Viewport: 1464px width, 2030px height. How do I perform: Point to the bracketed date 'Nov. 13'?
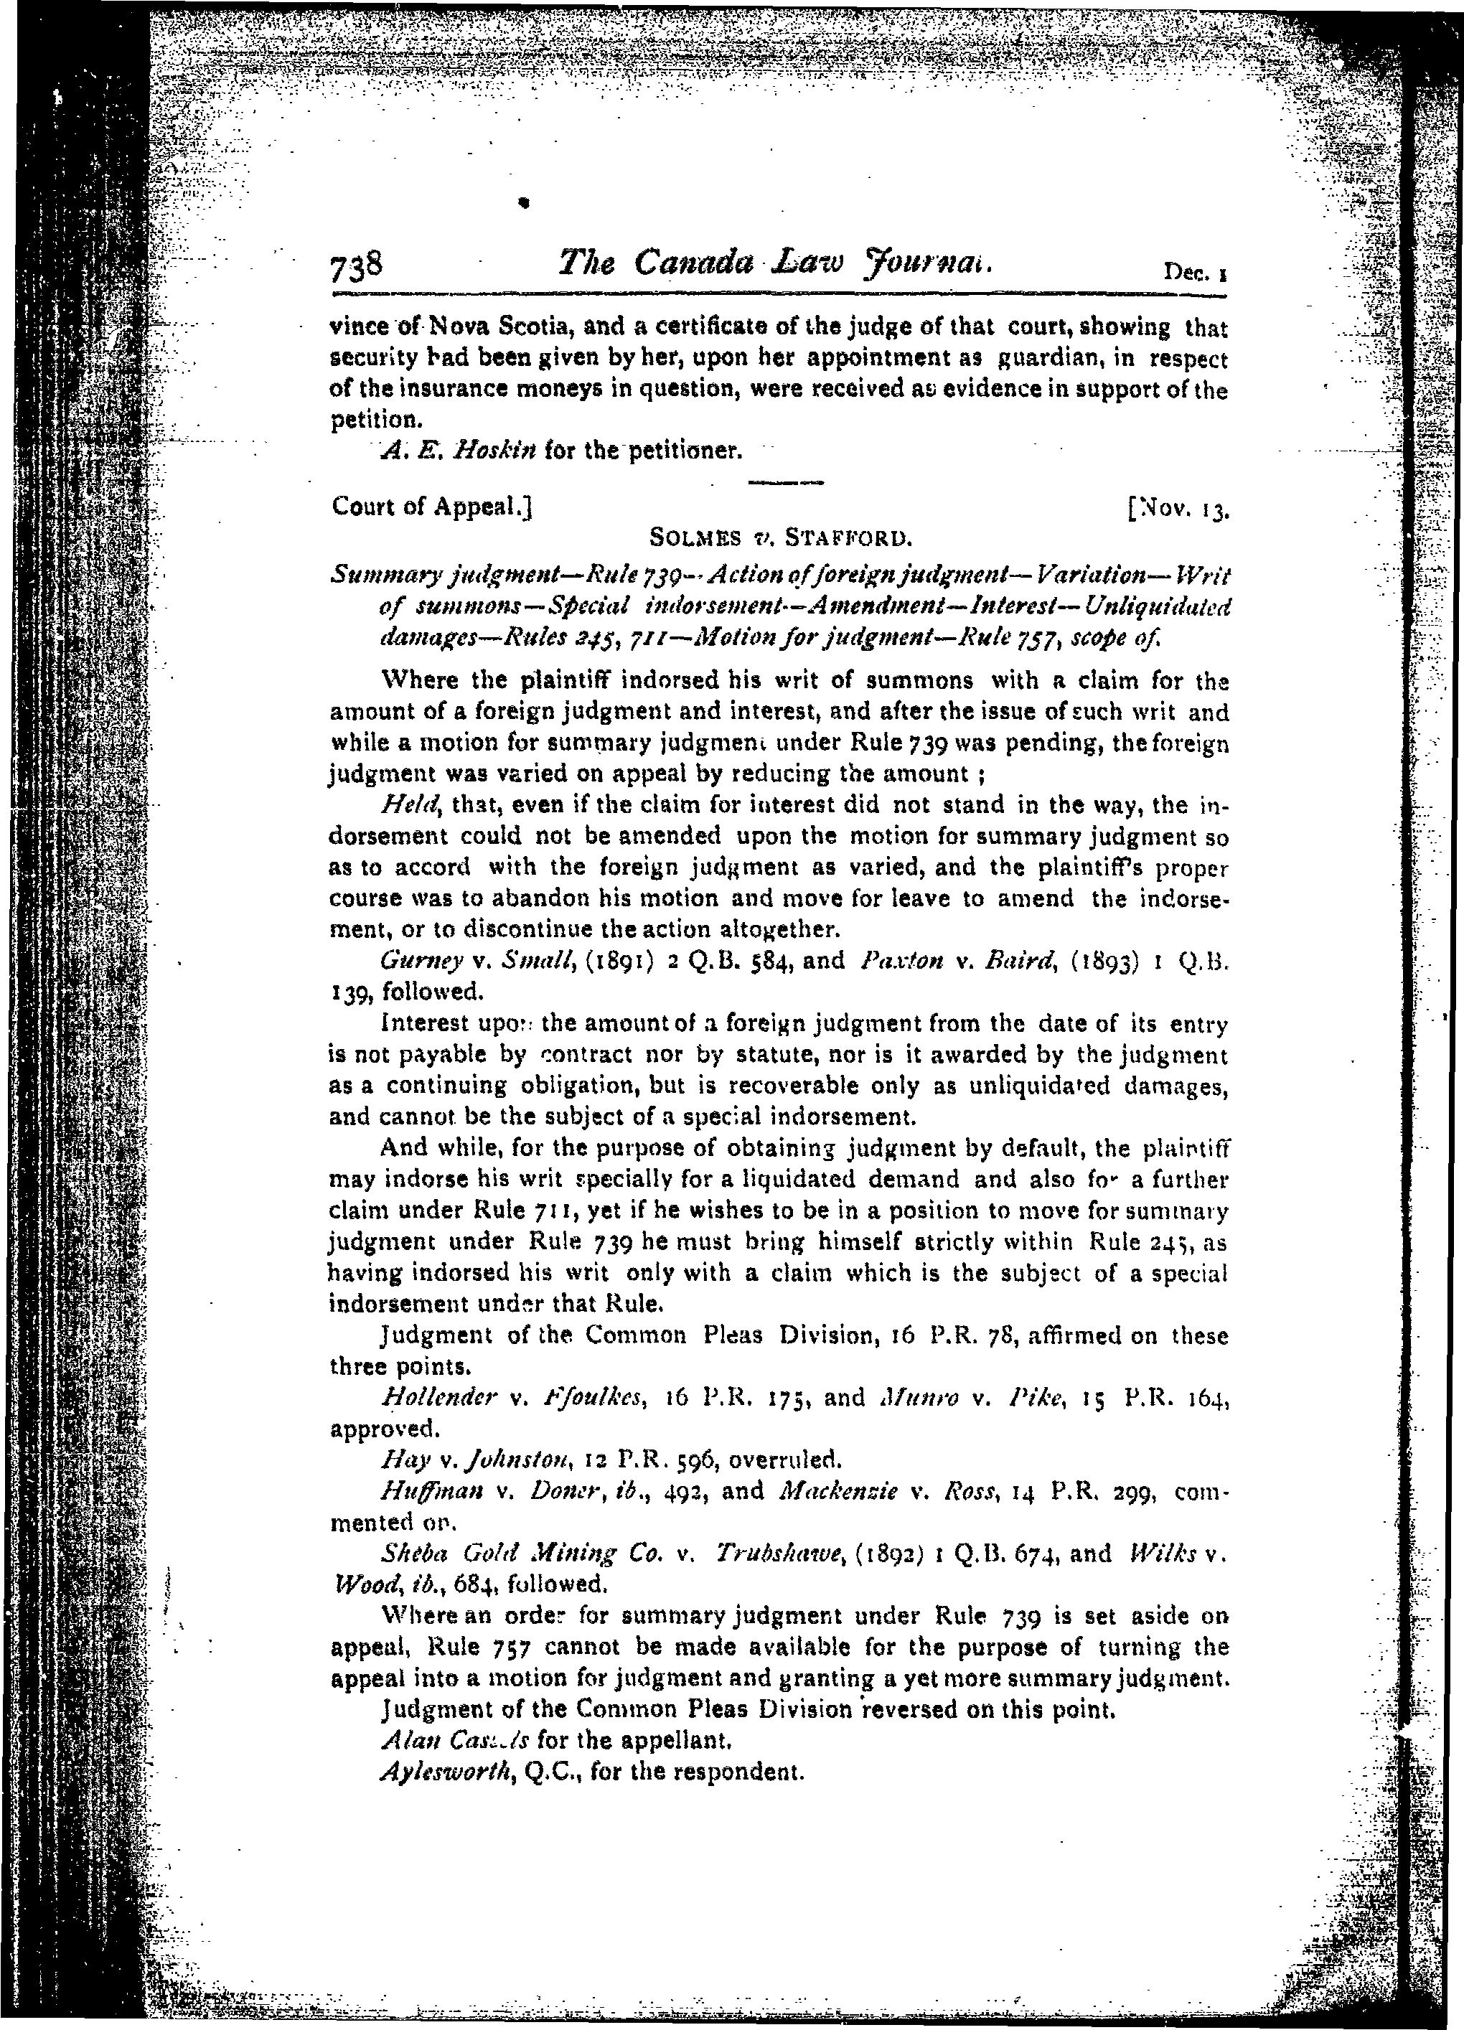[1178, 508]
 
